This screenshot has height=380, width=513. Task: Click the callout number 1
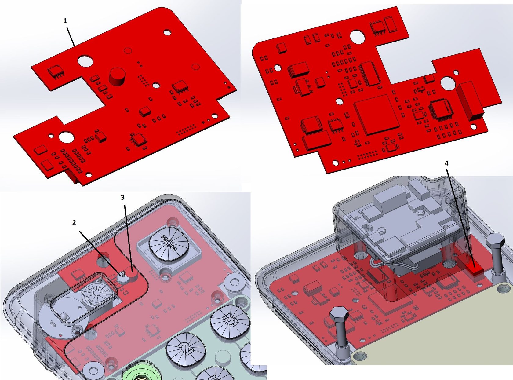click(65, 21)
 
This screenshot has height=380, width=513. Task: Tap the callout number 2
click(74, 223)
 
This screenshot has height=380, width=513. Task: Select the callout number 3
click(122, 197)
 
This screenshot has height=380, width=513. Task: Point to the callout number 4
click(446, 163)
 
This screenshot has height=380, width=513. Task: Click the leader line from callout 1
click(71, 36)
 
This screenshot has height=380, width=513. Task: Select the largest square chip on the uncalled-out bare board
click(377, 114)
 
